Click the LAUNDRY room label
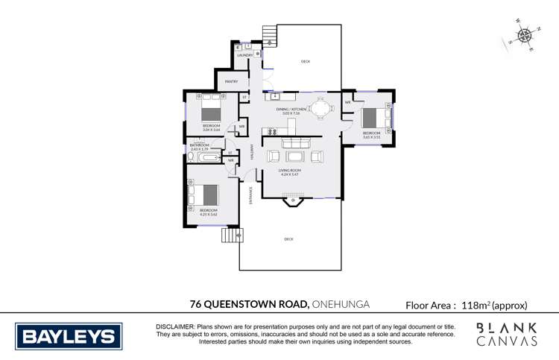[x=244, y=56]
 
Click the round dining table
[x=322, y=109]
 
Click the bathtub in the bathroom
[x=206, y=158]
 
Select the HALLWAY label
[x=253, y=152]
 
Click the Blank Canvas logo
[x=508, y=334]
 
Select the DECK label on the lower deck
[x=288, y=239]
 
